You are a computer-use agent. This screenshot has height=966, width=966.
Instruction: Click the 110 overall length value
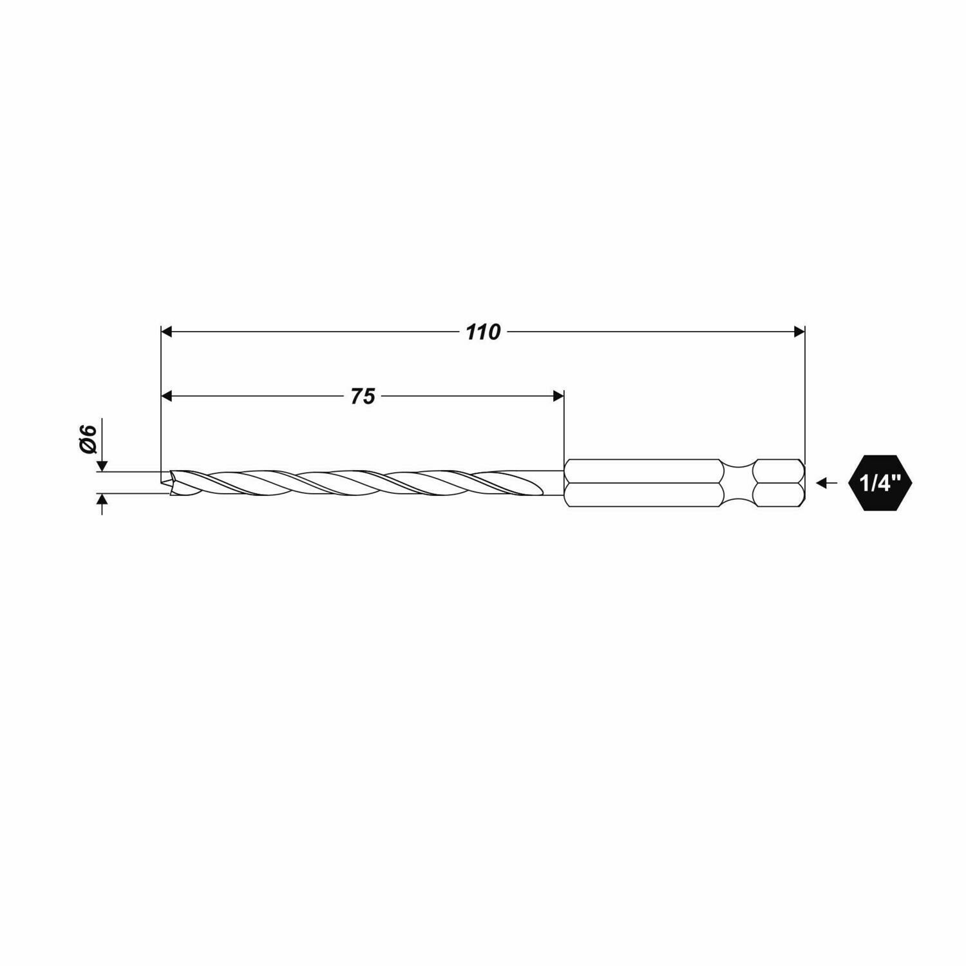coord(483,332)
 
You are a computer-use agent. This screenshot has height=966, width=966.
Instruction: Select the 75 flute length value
coord(363,396)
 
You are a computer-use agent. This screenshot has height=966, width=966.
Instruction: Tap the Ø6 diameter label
coord(88,440)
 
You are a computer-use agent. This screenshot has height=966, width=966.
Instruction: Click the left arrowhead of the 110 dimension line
coord(167,332)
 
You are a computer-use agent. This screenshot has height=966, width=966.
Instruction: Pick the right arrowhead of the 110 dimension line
coord(799,332)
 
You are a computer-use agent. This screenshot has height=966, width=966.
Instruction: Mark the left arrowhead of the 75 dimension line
coord(167,395)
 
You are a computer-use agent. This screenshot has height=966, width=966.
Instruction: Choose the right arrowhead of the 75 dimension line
coord(558,395)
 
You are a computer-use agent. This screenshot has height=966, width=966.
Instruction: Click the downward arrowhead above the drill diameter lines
coord(101,466)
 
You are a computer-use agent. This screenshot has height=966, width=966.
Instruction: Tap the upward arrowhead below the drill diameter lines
coord(101,500)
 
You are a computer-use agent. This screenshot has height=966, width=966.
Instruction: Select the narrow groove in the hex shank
coord(738,482)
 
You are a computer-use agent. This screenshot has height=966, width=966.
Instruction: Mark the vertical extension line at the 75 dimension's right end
coord(564,425)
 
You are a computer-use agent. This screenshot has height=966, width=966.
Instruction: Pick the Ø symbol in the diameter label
coord(88,448)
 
